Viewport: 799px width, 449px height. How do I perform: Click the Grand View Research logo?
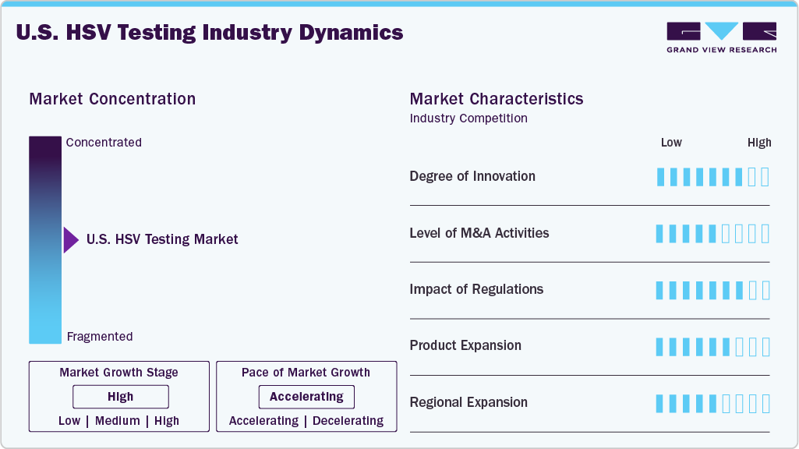pos(721,37)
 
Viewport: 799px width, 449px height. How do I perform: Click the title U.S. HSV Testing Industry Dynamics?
pos(209,33)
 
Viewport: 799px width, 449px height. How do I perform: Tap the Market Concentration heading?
pos(112,99)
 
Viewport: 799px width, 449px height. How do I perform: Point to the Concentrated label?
pos(104,143)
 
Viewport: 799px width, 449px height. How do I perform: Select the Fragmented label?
pos(100,337)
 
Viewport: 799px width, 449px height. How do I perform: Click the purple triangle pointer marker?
pos(71,240)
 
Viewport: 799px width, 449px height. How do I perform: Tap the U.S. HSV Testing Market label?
pos(162,240)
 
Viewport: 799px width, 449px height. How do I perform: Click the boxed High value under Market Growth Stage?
pos(120,397)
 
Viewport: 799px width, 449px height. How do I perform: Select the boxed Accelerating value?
pos(306,397)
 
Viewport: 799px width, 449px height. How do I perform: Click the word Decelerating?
pos(348,421)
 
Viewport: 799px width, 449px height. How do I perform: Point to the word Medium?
pos(118,421)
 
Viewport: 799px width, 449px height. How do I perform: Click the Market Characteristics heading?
pos(497,99)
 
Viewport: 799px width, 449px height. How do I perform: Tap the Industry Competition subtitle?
pos(468,118)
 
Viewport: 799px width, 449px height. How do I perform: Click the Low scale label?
pos(671,143)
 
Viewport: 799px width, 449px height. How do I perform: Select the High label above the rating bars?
pos(759,143)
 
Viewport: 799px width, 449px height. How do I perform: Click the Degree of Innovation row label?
pos(472,176)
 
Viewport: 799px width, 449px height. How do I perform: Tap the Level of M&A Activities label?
pos(479,233)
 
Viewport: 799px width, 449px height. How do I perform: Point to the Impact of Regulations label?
pos(476,289)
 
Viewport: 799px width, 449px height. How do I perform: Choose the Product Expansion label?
pos(465,345)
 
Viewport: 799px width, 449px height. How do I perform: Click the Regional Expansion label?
pos(468,402)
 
